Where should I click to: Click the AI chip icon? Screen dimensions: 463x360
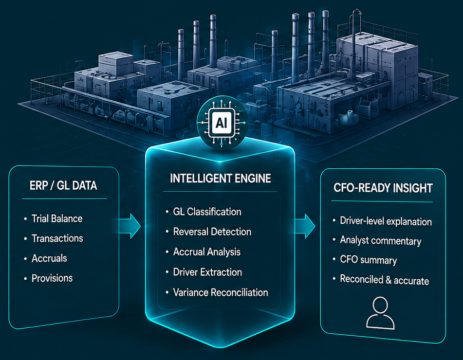pyautogui.click(x=222, y=122)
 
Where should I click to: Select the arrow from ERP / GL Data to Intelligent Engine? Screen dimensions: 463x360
pyautogui.click(x=130, y=226)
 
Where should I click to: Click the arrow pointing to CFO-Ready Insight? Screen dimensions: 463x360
pyautogui.click(x=305, y=226)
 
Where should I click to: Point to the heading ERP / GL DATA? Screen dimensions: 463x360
pyautogui.click(x=63, y=186)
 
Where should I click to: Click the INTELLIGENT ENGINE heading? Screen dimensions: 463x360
pyautogui.click(x=220, y=178)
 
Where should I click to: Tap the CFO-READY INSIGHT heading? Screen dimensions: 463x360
pyautogui.click(x=383, y=188)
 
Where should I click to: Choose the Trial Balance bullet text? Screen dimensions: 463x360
pyautogui.click(x=57, y=218)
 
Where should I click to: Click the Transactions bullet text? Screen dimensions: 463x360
pyautogui.click(x=57, y=238)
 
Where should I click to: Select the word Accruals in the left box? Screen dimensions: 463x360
pyautogui.click(x=49, y=258)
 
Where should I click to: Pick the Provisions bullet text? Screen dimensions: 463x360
pyautogui.click(x=52, y=278)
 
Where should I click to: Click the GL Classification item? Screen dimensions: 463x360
pyautogui.click(x=207, y=212)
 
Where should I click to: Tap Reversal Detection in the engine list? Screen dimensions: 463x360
pyautogui.click(x=212, y=232)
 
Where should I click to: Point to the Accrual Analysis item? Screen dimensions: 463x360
pyautogui.click(x=207, y=252)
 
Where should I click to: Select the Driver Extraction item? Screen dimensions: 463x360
pyautogui.click(x=207, y=272)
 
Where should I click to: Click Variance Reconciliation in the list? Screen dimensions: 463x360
pyautogui.click(x=220, y=292)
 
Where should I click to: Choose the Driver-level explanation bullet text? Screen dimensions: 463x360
pyautogui.click(x=386, y=221)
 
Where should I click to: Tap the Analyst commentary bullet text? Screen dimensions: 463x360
pyautogui.click(x=381, y=241)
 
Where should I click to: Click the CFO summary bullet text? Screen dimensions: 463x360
pyautogui.click(x=368, y=260)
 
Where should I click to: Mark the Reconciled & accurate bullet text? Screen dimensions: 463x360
pyautogui.click(x=385, y=280)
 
